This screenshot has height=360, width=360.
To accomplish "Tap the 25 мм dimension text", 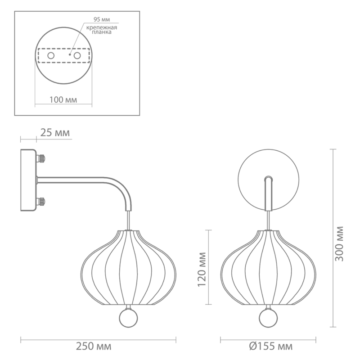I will point(55,133).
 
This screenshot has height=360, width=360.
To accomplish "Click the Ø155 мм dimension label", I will point(270,346).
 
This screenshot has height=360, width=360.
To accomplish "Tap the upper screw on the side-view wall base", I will point(42,158).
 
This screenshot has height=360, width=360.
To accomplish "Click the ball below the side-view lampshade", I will point(128,319).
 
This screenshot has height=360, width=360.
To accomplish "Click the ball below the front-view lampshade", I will point(269,319).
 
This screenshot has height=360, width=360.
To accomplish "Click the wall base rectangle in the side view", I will point(28,180).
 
